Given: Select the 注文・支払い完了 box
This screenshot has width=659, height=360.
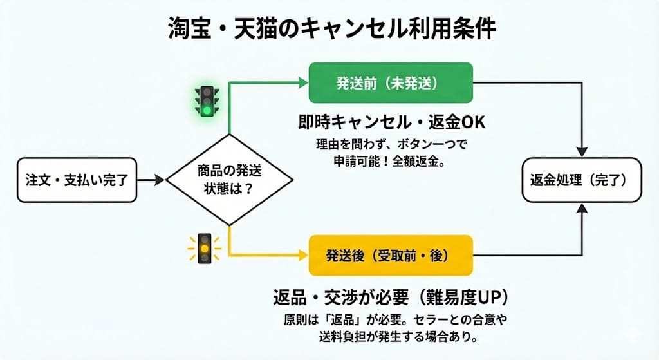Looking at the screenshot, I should [x=77, y=180].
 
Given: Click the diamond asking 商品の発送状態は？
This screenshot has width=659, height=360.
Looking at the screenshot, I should [x=229, y=180].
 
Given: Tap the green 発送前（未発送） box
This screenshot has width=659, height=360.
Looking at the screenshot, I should [x=391, y=82].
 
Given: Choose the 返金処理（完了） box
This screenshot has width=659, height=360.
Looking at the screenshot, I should [x=581, y=180].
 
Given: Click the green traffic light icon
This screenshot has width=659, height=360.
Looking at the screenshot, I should [x=206, y=100].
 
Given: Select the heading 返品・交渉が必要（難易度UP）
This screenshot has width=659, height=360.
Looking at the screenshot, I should [x=391, y=298].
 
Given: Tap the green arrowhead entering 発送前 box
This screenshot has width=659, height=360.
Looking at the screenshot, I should [x=302, y=82].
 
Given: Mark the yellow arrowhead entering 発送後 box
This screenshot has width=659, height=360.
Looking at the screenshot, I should [x=302, y=256].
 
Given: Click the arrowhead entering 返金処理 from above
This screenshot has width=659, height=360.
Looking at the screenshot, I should [x=583, y=152].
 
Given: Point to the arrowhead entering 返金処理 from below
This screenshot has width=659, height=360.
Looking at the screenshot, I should [x=583, y=208].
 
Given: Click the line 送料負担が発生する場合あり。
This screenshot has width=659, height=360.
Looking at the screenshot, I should [x=391, y=337].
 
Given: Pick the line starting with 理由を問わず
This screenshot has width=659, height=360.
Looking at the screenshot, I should [x=391, y=144].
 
